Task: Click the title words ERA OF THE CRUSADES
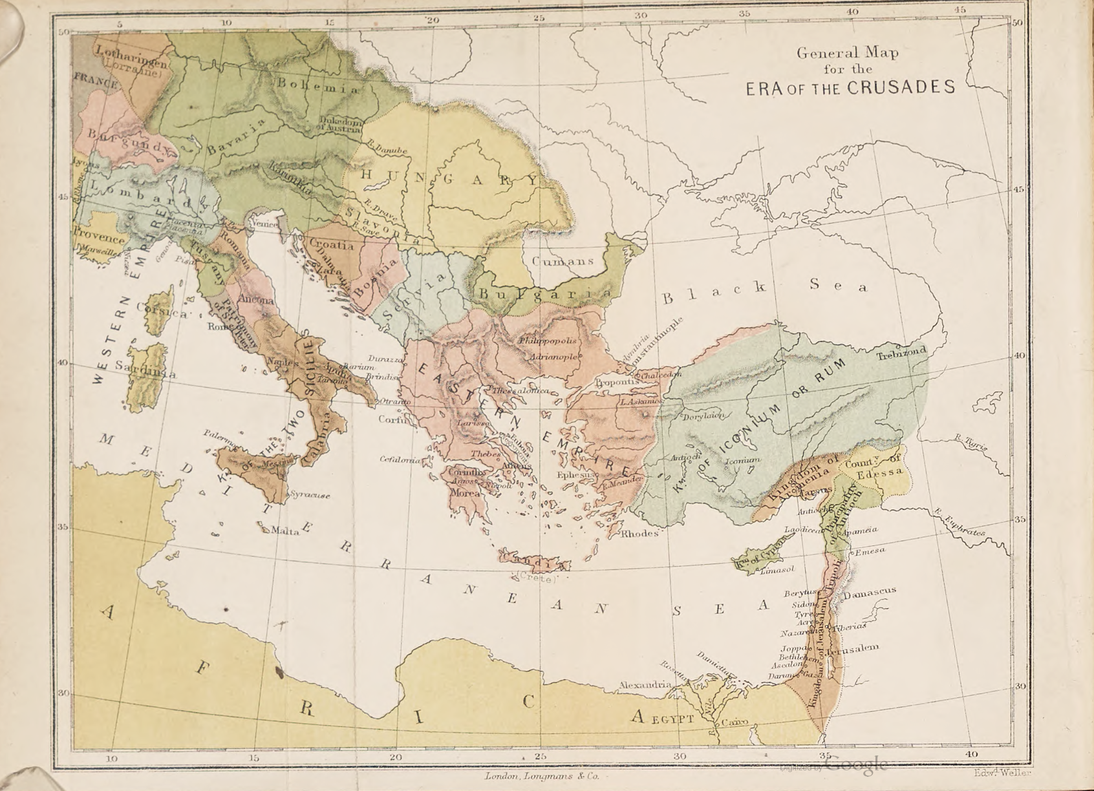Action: tap(850, 88)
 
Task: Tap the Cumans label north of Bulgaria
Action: tap(563, 261)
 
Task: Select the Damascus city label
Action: tap(870, 591)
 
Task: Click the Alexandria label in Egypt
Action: tap(643, 684)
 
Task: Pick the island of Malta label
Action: tap(284, 531)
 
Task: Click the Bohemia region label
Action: tap(317, 87)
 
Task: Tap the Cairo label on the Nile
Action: tap(734, 722)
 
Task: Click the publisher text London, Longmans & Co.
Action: tap(542, 776)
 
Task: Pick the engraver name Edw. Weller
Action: tap(1003, 772)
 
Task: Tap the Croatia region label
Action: tap(332, 246)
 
